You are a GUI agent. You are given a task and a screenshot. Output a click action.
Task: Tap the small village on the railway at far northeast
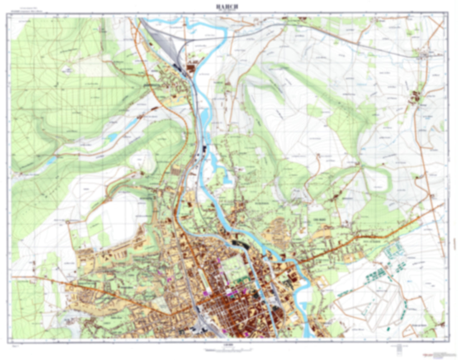pyautogui.click(x=423, y=56)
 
